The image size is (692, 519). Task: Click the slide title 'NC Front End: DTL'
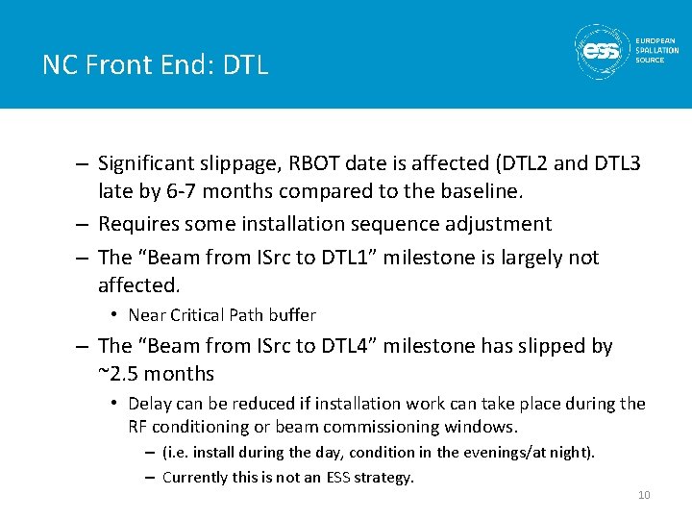(155, 65)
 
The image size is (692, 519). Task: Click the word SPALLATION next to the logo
(657, 50)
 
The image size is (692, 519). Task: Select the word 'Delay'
(149, 404)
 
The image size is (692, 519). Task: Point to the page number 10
(644, 495)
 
